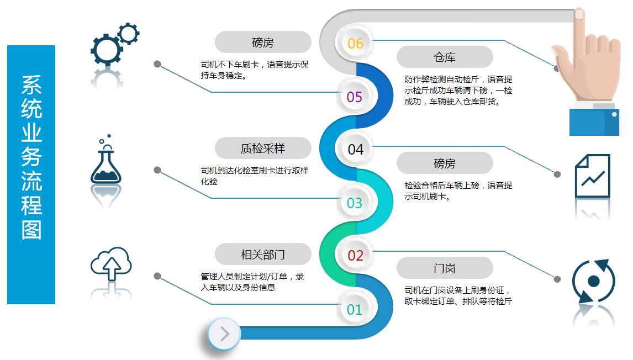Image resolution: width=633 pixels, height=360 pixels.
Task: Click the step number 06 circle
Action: click(355, 43)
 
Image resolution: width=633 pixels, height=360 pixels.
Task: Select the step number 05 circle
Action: click(355, 97)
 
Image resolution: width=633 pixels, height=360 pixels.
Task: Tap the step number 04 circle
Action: click(355, 149)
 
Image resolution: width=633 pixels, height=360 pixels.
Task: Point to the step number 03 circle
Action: click(355, 203)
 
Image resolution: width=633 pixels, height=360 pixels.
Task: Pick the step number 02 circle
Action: click(355, 255)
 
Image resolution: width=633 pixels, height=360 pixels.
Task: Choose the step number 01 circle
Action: click(355, 309)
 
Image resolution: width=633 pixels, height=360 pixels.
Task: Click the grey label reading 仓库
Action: click(445, 57)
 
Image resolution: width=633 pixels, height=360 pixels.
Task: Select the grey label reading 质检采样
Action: click(263, 148)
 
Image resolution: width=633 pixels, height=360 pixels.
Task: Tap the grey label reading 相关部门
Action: click(263, 254)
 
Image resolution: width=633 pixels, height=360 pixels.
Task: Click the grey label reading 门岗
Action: click(445, 268)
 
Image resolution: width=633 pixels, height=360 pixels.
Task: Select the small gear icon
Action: click(129, 34)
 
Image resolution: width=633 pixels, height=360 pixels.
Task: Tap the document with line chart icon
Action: click(592, 176)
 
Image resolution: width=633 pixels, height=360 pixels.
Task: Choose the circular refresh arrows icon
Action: click(593, 281)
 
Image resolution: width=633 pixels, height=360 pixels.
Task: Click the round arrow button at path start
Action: click(224, 333)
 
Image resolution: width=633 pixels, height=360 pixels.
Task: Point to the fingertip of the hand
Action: click(579, 13)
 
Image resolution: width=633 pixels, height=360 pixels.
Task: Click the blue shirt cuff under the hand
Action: click(594, 122)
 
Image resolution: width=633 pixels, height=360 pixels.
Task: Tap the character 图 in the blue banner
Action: click(31, 230)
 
